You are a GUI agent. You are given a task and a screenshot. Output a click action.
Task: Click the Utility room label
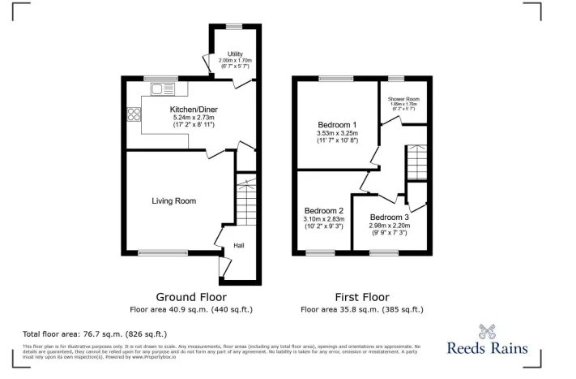pyautogui.click(x=235, y=54)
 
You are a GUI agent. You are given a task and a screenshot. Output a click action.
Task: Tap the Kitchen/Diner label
pyautogui.click(x=193, y=109)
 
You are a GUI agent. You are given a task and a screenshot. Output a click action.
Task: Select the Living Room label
pyautogui.click(x=174, y=200)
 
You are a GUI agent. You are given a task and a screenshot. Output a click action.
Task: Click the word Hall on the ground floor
pyautogui.click(x=239, y=246)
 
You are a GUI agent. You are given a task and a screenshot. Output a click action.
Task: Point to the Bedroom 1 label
pyautogui.click(x=337, y=124)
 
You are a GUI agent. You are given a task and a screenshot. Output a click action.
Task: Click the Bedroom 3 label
pyautogui.click(x=389, y=217)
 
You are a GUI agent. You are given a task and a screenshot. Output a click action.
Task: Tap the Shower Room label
pyautogui.click(x=403, y=98)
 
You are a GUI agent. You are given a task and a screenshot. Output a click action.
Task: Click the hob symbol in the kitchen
pyautogui.click(x=133, y=115)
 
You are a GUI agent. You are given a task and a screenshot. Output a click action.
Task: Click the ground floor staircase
pyautogui.click(x=245, y=203)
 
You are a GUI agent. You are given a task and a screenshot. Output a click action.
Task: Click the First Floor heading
pyautogui.click(x=361, y=297)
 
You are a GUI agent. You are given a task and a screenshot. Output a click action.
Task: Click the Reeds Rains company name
pyautogui.click(x=487, y=349)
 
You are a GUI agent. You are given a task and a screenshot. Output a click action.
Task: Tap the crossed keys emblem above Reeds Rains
pyautogui.click(x=487, y=330)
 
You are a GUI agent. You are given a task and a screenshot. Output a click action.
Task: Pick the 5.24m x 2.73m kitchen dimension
pyautogui.click(x=193, y=118)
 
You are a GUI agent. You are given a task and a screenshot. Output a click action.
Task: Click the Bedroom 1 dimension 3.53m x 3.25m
pyautogui.click(x=337, y=133)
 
